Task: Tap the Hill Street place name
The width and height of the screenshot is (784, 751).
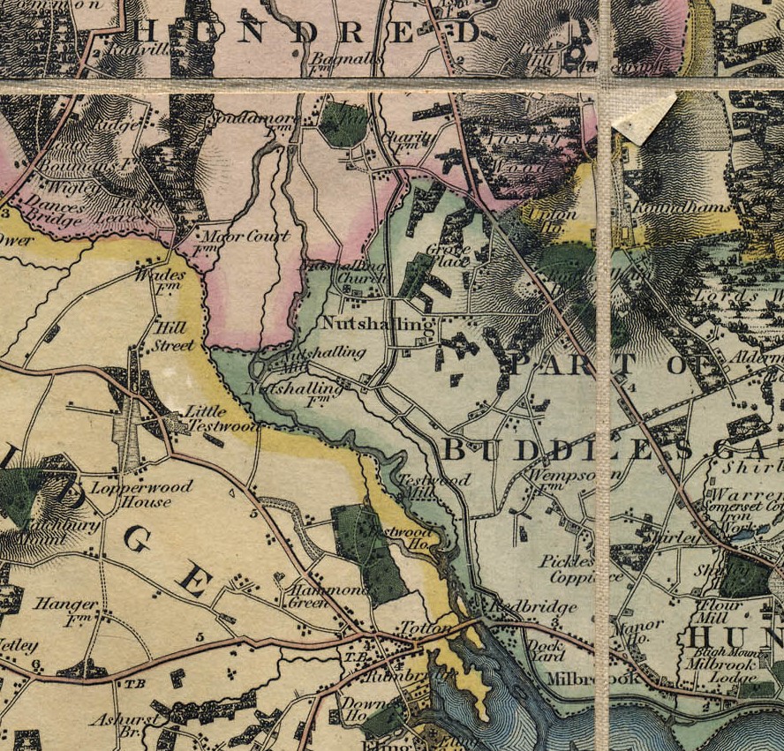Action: click(173, 334)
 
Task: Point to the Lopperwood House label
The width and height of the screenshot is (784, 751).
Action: click(130, 493)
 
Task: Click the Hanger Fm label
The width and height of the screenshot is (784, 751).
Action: click(65, 611)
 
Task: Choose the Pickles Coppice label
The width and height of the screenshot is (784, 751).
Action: click(568, 569)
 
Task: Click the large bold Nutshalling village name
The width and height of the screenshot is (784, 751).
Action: click(378, 324)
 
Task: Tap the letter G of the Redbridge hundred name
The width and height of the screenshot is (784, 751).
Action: click(139, 538)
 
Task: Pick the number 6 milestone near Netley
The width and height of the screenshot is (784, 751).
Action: click(35, 665)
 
